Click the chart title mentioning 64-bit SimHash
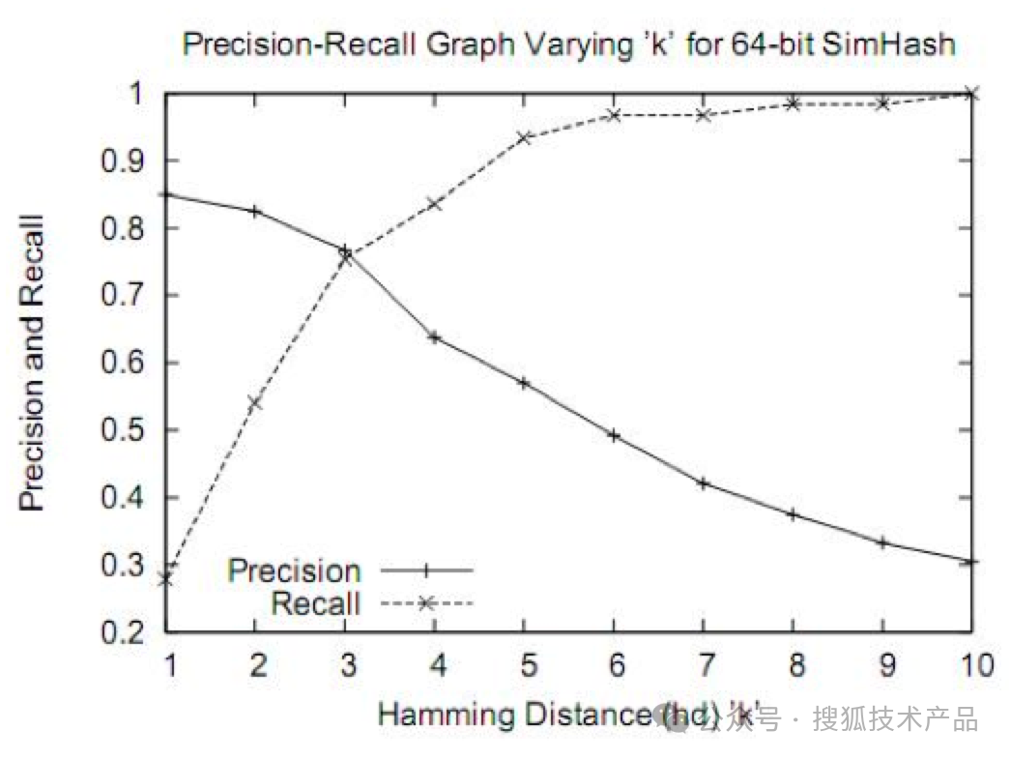[x=569, y=44]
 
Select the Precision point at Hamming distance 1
[x=165, y=194]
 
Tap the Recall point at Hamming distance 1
[x=165, y=578]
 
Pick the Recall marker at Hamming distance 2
[x=255, y=402]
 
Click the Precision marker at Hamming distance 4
[x=434, y=337]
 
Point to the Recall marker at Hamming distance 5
[x=524, y=137]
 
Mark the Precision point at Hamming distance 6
[x=613, y=435]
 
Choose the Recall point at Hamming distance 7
[x=703, y=115]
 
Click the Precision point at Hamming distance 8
[x=793, y=514]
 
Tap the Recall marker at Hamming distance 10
[x=971, y=93]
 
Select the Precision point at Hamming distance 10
[x=971, y=561]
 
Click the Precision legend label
[x=293, y=570]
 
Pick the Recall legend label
[x=315, y=604]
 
